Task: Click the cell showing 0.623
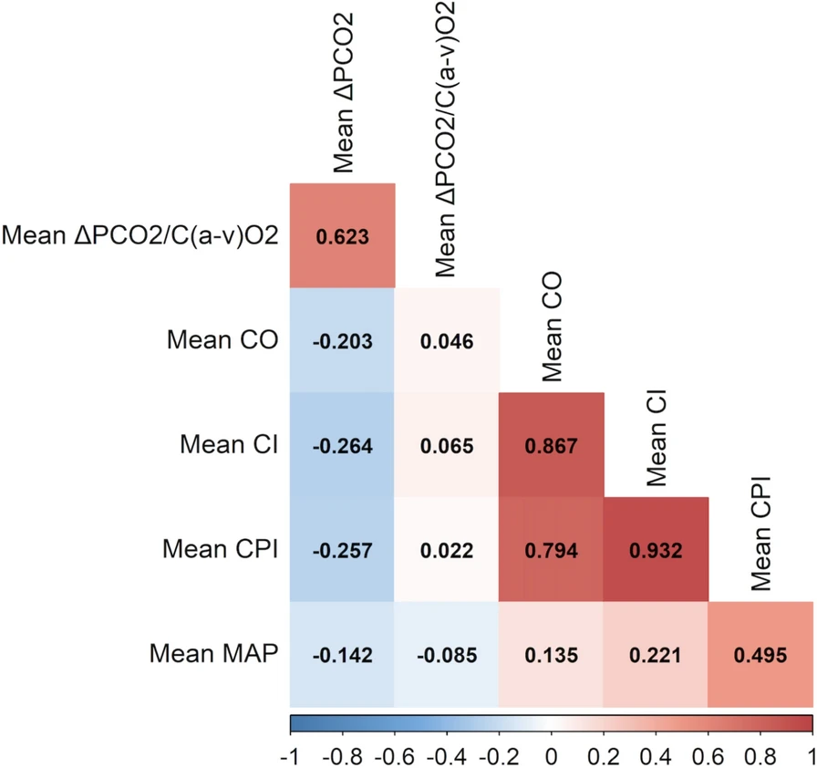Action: tap(342, 235)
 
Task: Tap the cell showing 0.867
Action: tap(552, 445)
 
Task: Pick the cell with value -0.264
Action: tap(342, 445)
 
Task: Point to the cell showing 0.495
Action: tap(760, 654)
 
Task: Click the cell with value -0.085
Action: tap(447, 654)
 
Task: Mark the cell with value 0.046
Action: tap(447, 340)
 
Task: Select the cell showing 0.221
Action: tap(656, 654)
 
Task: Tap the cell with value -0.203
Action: tap(342, 340)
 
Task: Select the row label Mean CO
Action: tap(222, 340)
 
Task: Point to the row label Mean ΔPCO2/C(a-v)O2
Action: tap(141, 235)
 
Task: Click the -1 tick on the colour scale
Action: tap(293, 755)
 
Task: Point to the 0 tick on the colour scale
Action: tap(551, 755)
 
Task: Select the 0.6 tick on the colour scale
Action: tap(708, 755)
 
